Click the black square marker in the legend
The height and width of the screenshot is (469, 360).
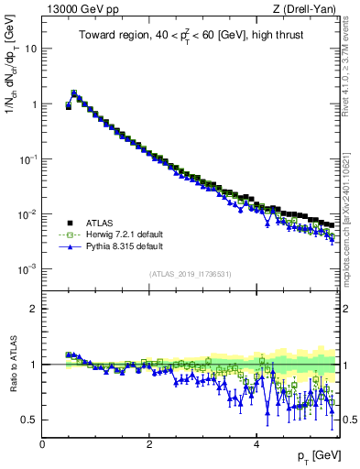[65, 222]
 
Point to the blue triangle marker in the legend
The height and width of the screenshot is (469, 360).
[65, 246]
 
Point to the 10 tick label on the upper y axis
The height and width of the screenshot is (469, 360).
[31, 49]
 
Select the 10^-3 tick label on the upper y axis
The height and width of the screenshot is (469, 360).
[28, 268]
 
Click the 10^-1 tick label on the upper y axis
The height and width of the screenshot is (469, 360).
[28, 158]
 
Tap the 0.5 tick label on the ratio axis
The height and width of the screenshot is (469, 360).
[30, 420]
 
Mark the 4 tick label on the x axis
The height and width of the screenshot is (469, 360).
[256, 443]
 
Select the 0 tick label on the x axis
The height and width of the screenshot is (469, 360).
[42, 443]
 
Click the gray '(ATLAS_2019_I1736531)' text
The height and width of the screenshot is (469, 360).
[191, 275]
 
